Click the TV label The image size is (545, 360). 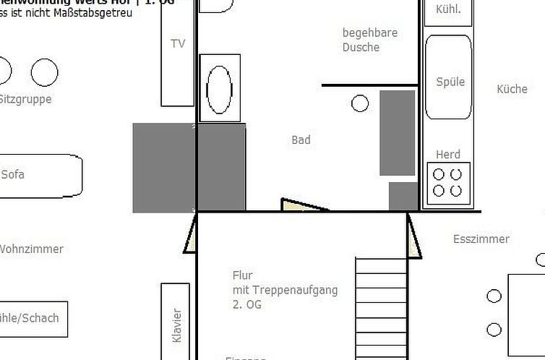178,43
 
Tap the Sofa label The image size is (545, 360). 13,174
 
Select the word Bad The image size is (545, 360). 301,140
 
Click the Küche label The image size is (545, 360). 512,89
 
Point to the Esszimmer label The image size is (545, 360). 481,239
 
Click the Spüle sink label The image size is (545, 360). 450,82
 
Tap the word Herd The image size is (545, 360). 448,155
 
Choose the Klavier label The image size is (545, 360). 177,325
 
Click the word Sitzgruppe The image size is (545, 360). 25,99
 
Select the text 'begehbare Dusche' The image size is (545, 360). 370,40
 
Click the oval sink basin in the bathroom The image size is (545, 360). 219,88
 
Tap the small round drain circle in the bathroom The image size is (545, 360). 360,103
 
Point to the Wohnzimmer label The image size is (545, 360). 31,249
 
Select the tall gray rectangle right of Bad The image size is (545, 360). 398,132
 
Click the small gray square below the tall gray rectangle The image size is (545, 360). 403,196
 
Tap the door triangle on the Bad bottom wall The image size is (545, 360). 299,205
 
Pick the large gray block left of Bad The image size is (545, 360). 189,167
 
